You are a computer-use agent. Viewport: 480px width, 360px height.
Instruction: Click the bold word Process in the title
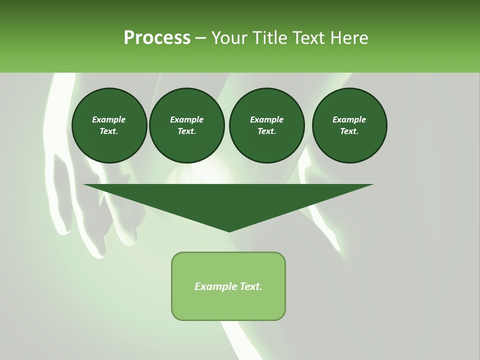coord(157,38)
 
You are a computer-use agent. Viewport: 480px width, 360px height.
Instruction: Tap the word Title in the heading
coord(269,38)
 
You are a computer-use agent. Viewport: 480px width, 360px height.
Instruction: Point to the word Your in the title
coord(229,38)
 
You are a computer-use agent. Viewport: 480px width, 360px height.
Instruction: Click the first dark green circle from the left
coord(109,125)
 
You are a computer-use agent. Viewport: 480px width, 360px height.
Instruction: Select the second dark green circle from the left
coord(187,125)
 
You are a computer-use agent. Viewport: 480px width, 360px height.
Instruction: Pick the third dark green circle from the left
coord(267,125)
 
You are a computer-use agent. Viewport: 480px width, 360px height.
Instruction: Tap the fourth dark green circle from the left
coord(349,125)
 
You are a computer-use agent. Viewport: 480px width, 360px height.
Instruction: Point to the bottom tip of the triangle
coord(229,231)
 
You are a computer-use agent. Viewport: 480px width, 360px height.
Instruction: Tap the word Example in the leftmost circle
coord(109,119)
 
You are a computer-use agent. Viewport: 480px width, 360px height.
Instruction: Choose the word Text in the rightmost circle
coord(349,131)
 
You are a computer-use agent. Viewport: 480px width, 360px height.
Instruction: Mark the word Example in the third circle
coord(266,119)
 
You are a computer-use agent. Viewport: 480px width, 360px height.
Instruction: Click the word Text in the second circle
coord(186,131)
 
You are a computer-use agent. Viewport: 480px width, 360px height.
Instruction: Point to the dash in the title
coord(201,38)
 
